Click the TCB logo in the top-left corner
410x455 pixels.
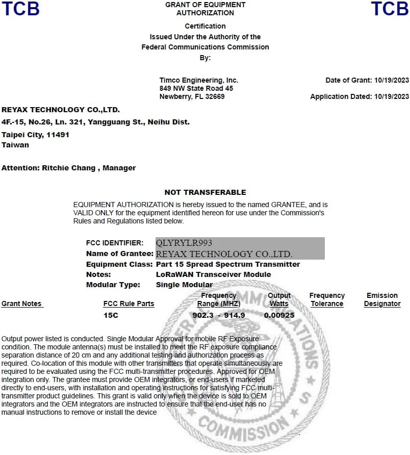[20, 9]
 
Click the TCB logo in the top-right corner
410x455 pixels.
[390, 9]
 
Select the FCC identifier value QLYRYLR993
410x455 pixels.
[184, 243]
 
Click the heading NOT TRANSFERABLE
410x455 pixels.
[205, 192]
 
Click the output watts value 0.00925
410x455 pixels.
[279, 315]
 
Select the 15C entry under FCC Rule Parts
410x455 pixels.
[111, 315]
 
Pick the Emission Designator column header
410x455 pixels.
[382, 299]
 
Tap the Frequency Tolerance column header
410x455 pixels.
[327, 299]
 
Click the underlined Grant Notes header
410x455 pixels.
[21, 304]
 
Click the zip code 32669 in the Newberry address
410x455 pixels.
[215, 96]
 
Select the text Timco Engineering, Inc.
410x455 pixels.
[198, 81]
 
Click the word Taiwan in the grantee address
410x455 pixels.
[15, 145]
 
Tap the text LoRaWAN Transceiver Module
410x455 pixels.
[213, 274]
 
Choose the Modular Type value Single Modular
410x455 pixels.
[184, 285]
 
